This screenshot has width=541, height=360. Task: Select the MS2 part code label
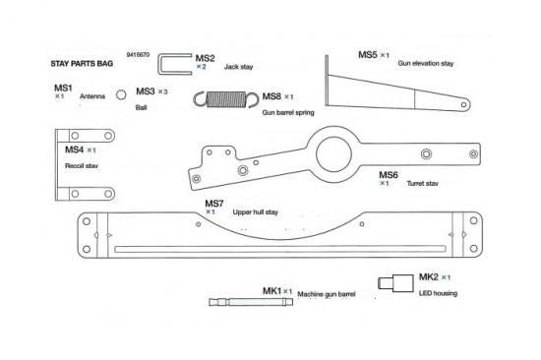click(205, 57)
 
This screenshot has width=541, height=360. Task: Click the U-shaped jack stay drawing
click(175, 65)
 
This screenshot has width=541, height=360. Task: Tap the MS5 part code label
click(366, 55)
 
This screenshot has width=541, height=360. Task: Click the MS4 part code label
click(74, 150)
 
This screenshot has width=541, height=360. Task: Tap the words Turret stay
click(422, 183)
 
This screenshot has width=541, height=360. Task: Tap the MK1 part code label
click(271, 291)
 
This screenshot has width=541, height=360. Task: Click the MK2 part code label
click(427, 277)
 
